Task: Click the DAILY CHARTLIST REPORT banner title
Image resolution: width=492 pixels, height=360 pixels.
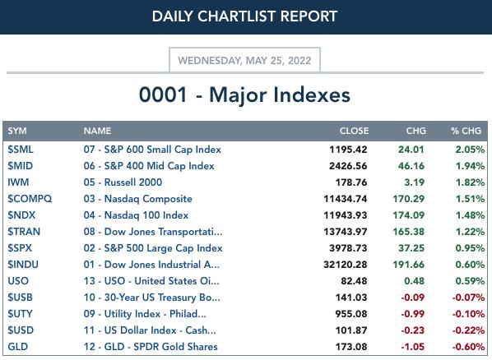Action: pos(244,16)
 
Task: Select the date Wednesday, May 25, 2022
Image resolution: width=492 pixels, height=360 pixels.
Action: pos(244,60)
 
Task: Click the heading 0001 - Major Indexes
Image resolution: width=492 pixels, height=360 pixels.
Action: pos(244,95)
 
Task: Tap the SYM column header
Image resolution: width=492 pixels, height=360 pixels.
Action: pos(17,131)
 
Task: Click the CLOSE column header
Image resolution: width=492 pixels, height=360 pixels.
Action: pos(354,131)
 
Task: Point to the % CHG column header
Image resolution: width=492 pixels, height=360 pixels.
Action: pos(466,131)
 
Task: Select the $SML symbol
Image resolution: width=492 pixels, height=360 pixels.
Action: pos(21,150)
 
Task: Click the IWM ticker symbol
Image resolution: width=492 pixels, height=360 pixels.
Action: pos(18,182)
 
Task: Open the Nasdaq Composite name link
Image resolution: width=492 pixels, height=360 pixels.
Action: pos(137,199)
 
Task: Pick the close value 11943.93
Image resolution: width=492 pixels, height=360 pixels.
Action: pos(346,215)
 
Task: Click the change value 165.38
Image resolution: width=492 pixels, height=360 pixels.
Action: pos(409,232)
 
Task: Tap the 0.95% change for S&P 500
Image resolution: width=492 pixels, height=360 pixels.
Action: pos(470,248)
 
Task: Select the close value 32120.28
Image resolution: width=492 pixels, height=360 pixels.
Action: pos(346,265)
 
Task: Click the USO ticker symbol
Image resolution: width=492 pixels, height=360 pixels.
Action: pos(18,281)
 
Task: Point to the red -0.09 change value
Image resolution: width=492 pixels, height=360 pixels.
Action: pos(413,298)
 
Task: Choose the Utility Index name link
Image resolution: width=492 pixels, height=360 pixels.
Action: pos(145,314)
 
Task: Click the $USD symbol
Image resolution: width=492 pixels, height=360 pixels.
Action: pos(21,330)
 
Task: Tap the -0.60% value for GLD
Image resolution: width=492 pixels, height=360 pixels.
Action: pos(468,347)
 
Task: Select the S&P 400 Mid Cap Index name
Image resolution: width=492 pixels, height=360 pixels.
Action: pos(149,166)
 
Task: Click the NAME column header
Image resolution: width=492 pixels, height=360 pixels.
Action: pos(97,131)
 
